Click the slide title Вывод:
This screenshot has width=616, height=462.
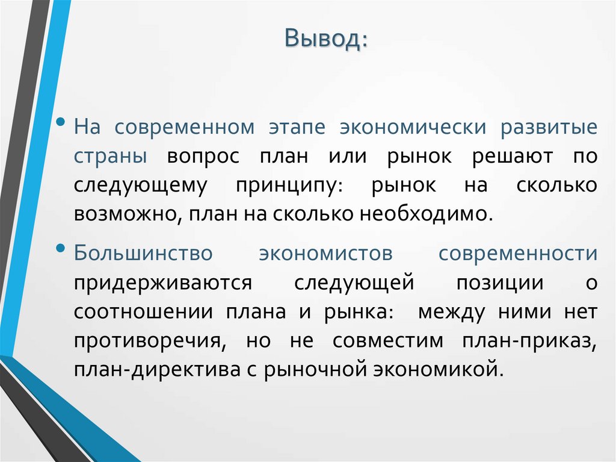pos(327,40)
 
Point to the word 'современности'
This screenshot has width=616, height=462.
pos(518,254)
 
